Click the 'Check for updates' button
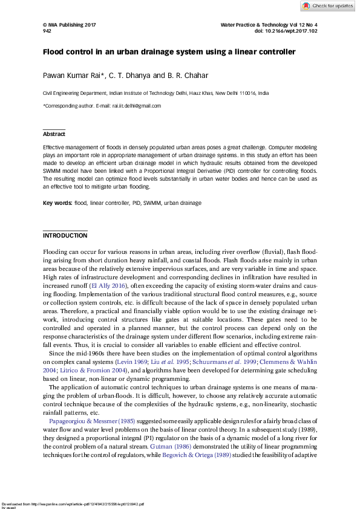pyautogui.click(x=328, y=5)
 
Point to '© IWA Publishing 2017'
pyautogui.click(x=69, y=25)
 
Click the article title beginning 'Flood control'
pyautogui.click(x=169, y=52)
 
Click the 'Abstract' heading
pyautogui.click(x=54, y=134)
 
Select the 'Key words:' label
pyautogui.click(x=57, y=203)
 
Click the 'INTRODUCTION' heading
pyautogui.click(x=65, y=235)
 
